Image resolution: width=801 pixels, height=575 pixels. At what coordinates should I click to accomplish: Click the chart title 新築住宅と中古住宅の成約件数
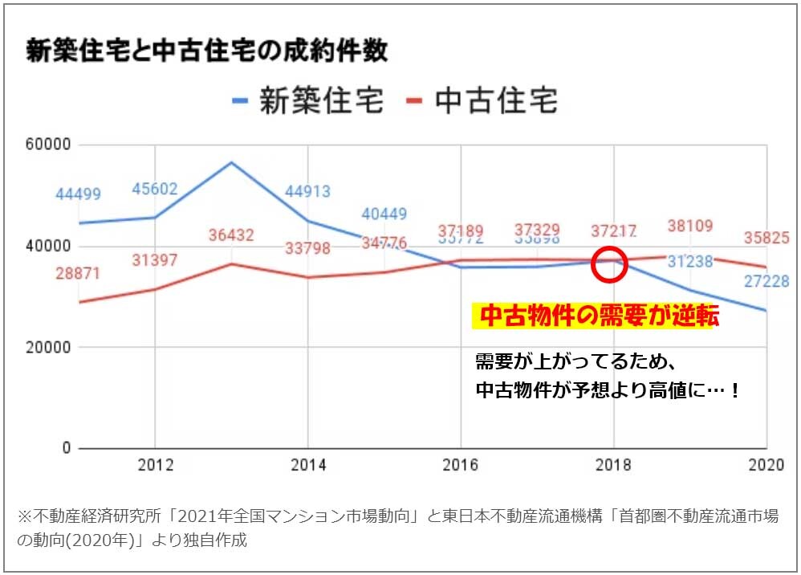[x=207, y=51]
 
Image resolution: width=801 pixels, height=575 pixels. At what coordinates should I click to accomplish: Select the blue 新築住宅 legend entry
[x=307, y=102]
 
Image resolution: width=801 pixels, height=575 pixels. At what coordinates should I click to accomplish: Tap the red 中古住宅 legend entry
[x=481, y=102]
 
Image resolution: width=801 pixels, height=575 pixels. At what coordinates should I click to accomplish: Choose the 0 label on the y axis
[x=67, y=448]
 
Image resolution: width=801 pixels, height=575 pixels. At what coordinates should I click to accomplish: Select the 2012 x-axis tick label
[x=154, y=465]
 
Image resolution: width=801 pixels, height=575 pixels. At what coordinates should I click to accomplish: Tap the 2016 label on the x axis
[x=461, y=465]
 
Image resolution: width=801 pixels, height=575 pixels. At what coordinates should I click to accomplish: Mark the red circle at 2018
[x=608, y=264]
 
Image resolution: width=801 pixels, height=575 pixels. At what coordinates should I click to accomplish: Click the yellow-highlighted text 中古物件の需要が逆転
[x=595, y=316]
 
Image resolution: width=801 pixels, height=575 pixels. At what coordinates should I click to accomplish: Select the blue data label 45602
[x=155, y=190]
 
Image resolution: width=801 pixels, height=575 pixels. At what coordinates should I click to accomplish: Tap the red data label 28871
[x=78, y=273]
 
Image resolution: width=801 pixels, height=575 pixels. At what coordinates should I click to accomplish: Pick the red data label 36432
[x=231, y=235]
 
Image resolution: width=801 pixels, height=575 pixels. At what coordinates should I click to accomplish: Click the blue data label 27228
[x=766, y=282]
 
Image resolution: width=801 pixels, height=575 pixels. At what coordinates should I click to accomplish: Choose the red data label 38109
[x=690, y=226]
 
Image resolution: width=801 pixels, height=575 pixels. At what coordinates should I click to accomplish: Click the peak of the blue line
[x=231, y=162]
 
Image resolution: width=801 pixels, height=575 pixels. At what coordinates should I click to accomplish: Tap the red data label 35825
[x=766, y=238]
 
